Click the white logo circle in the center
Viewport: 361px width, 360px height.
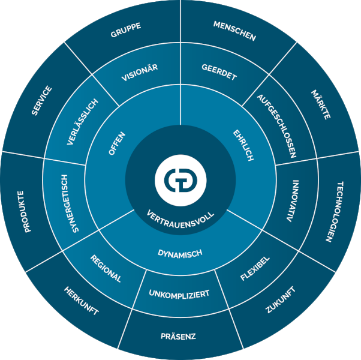pyautogui.click(x=180, y=179)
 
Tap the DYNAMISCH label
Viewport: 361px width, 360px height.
pyautogui.click(x=180, y=253)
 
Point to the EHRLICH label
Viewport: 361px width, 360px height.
pyautogui.click(x=243, y=144)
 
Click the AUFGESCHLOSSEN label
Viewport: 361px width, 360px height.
pyautogui.click(x=276, y=125)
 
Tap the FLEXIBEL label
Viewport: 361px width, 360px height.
pyautogui.click(x=255, y=268)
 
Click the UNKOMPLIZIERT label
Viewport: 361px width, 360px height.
pyautogui.click(x=179, y=294)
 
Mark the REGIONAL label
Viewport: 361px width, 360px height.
pyautogui.click(x=106, y=268)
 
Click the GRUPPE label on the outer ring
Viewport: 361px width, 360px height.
pyautogui.click(x=126, y=32)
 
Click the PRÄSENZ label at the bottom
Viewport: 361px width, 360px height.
pyautogui.click(x=179, y=336)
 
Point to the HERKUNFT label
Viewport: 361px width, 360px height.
pyautogui.click(x=81, y=301)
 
